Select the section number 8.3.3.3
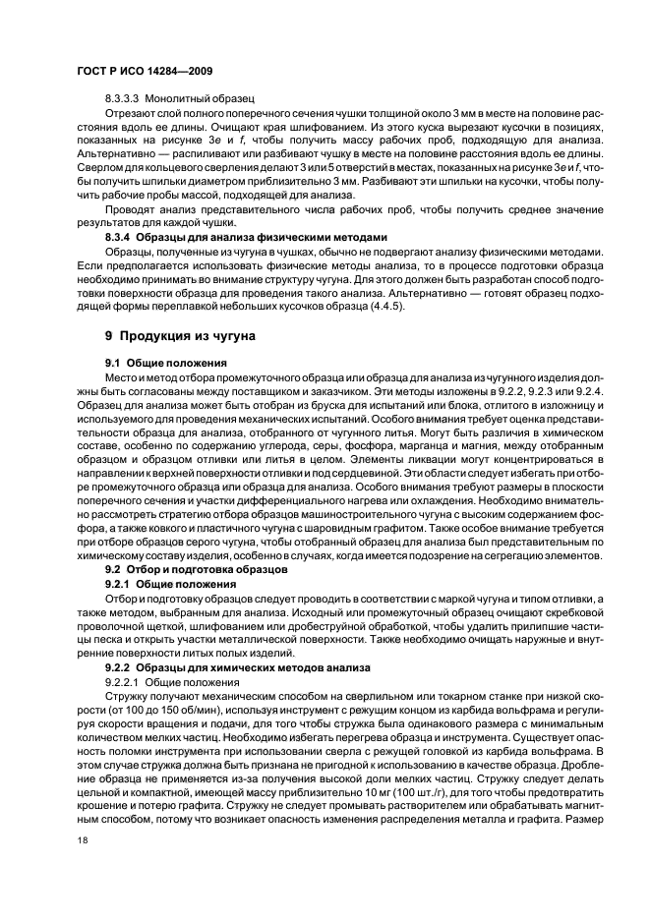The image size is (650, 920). click(x=124, y=99)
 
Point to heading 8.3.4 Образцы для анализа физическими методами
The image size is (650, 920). click(x=246, y=237)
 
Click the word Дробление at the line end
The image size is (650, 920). click(x=575, y=761)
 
